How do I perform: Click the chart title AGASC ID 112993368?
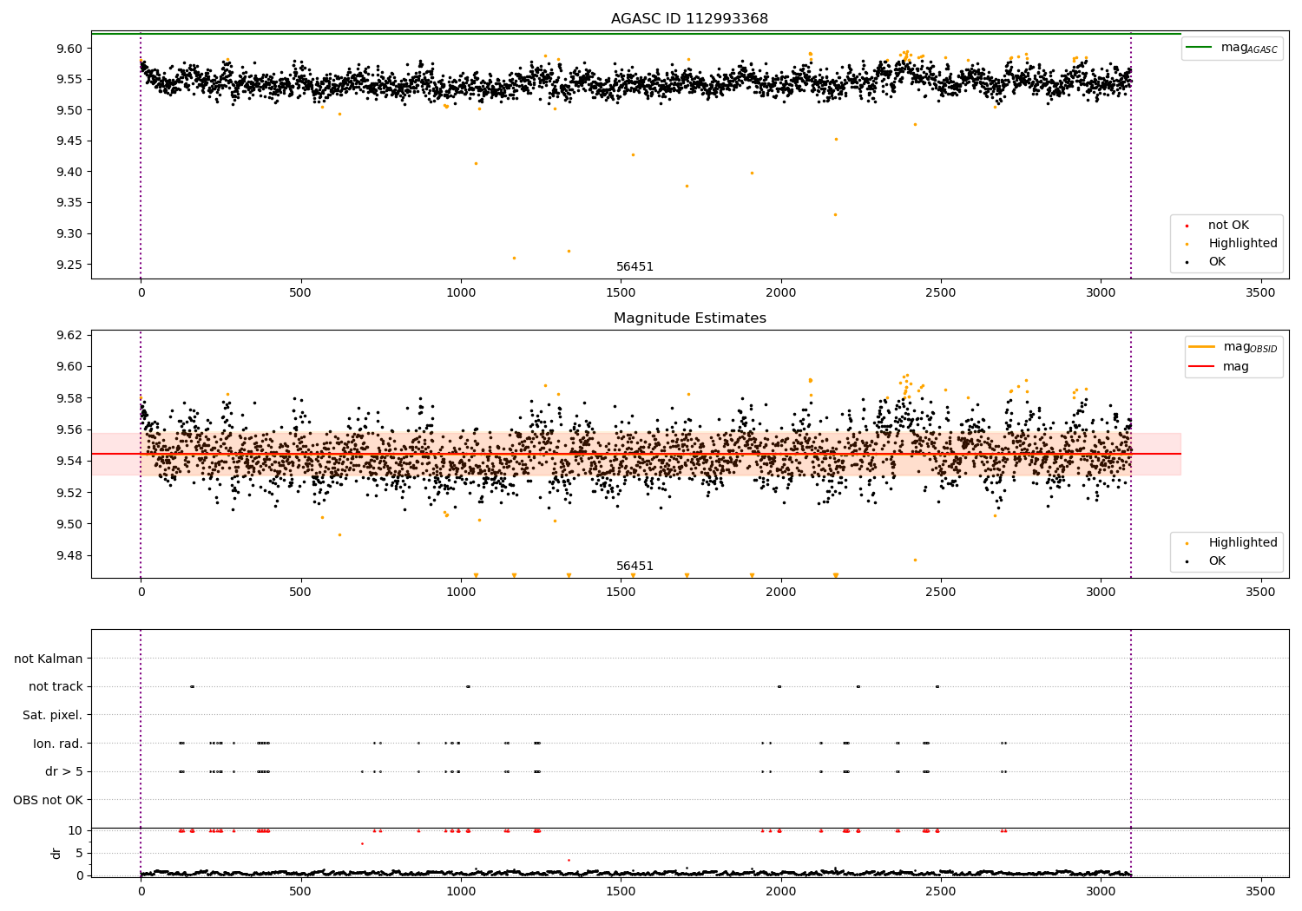tap(689, 19)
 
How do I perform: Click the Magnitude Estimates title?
tap(689, 318)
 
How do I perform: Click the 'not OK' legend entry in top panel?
tap(1228, 226)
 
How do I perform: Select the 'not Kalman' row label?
tap(49, 659)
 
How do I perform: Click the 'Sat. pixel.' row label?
tap(52, 715)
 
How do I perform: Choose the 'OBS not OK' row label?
tap(48, 800)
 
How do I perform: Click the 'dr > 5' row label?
tap(63, 771)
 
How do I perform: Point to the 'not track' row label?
tap(56, 686)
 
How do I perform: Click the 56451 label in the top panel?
tap(635, 267)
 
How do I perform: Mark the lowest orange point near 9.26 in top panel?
tap(514, 258)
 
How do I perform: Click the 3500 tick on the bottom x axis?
tap(1260, 891)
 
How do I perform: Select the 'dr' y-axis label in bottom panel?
tap(56, 853)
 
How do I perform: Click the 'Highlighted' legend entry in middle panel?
tap(1242, 543)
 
